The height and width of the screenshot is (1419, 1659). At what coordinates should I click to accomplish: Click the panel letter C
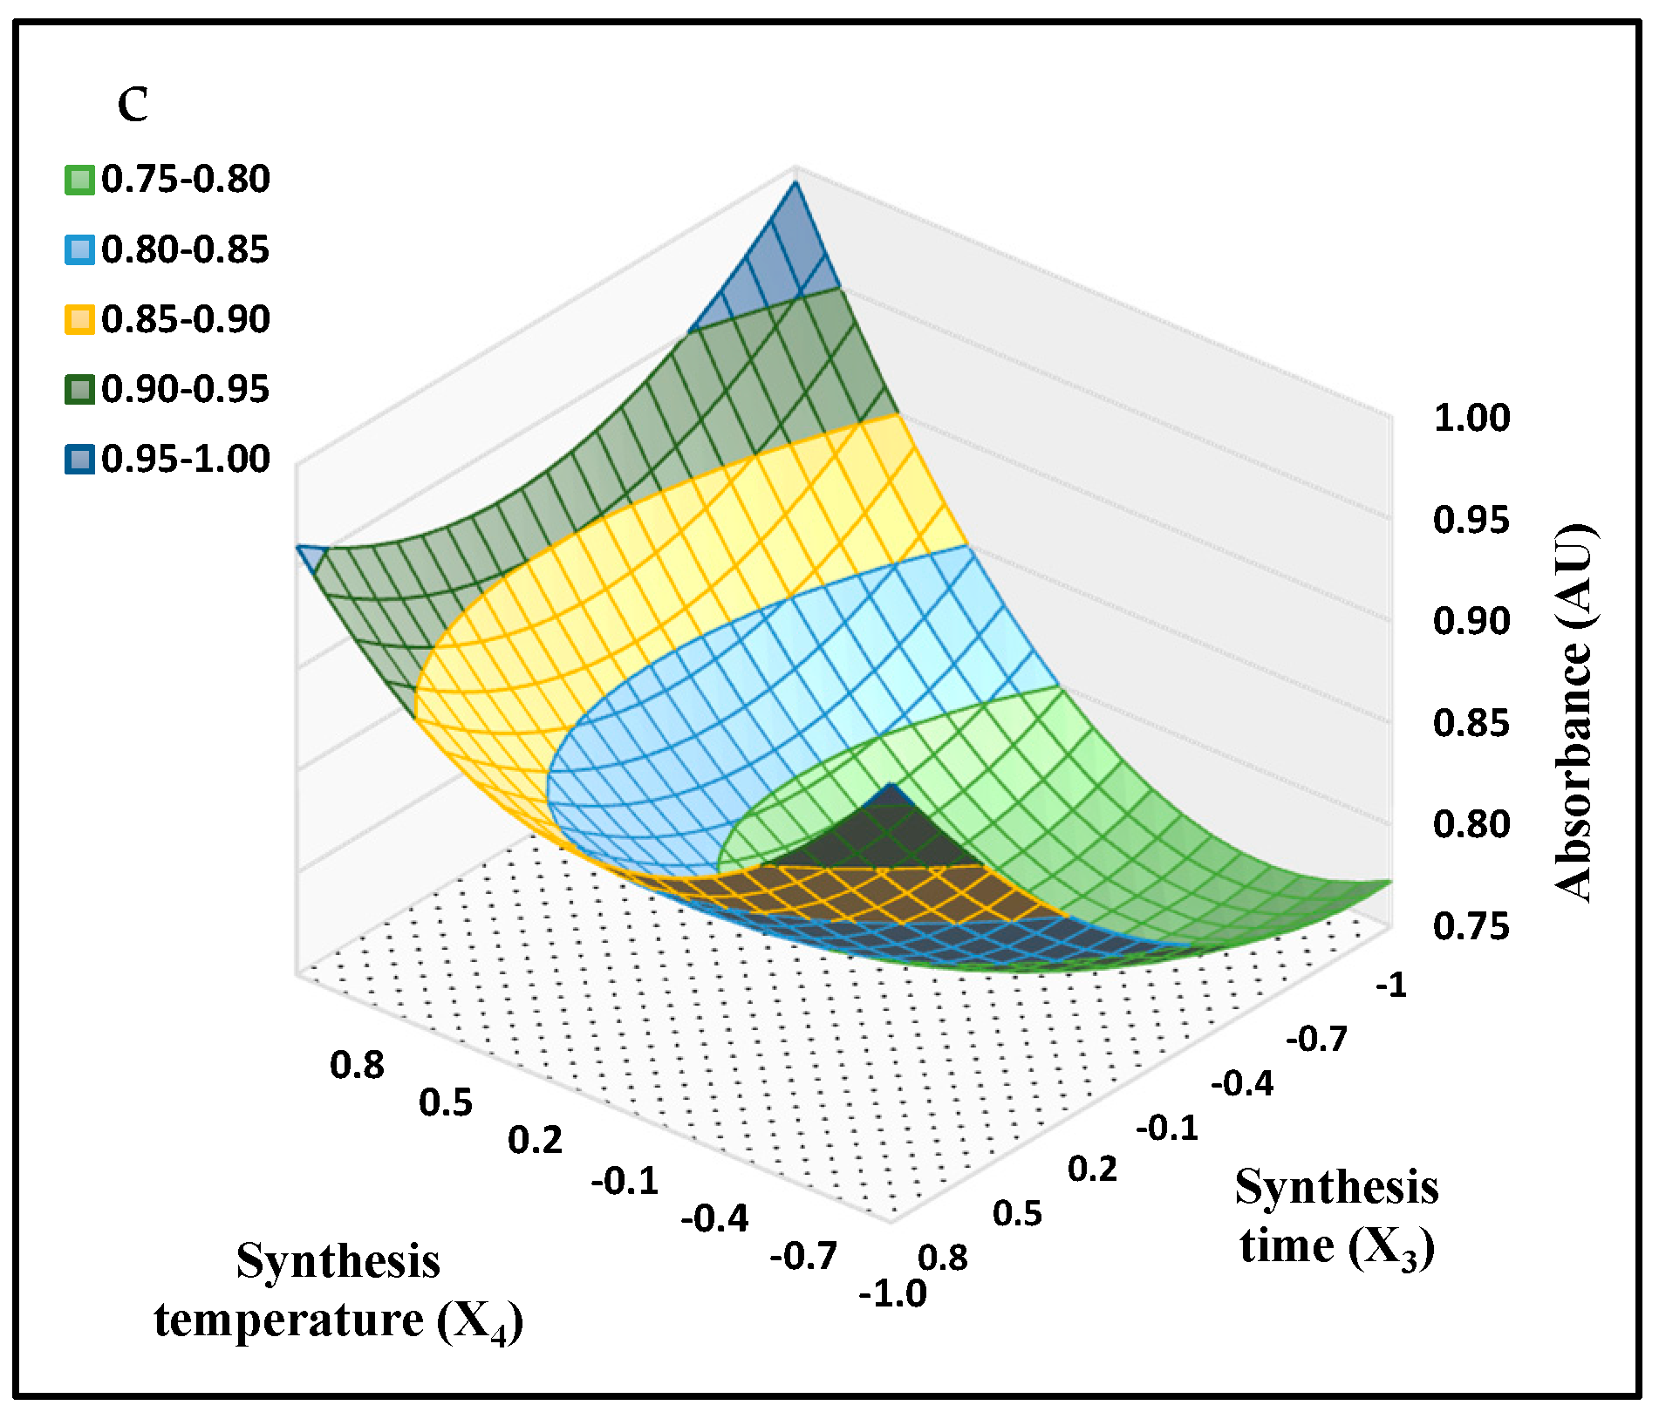point(133,106)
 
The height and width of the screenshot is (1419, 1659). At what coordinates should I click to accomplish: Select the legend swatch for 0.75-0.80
point(79,181)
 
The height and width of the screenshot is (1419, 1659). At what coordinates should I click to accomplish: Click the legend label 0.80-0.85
point(185,250)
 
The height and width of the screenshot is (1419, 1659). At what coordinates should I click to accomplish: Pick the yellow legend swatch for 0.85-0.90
point(79,319)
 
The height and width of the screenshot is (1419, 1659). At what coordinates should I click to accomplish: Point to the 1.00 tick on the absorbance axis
point(1471,418)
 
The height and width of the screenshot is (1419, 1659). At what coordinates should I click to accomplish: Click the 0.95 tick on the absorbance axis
point(1471,520)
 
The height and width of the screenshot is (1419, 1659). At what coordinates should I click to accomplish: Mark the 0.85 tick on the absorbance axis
point(1471,723)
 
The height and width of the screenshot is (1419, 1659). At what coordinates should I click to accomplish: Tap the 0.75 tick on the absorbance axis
point(1471,926)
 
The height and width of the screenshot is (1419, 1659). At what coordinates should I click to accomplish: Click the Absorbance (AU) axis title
point(1575,713)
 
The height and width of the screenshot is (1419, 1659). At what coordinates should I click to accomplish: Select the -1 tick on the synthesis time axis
point(1390,986)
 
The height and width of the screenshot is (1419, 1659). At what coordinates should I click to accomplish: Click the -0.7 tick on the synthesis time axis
point(1316,1039)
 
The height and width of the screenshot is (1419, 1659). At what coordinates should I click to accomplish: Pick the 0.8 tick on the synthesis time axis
point(943,1258)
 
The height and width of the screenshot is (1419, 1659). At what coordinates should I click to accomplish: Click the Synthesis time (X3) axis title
point(1336,1216)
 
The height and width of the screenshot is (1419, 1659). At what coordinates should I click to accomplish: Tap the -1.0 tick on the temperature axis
point(892,1293)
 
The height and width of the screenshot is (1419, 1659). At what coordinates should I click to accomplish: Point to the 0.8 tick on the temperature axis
point(357,1066)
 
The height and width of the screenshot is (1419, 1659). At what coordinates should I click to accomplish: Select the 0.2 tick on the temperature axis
point(535,1141)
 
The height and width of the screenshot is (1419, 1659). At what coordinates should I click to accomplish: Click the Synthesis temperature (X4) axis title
point(338,1290)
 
